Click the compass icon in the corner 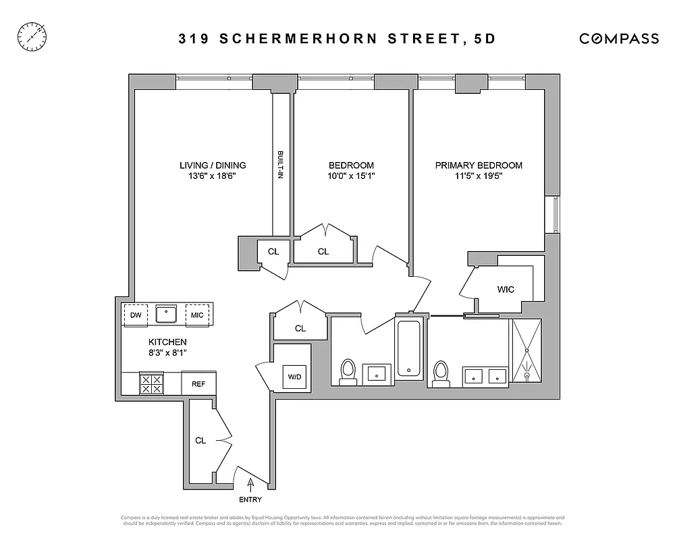pos(32,35)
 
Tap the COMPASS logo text pos(619,38)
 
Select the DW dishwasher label pos(136,315)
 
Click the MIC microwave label pos(197,315)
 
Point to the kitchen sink pos(166,315)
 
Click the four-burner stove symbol pos(151,384)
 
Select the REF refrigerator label pos(198,384)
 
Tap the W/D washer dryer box pos(295,377)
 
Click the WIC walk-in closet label pos(506,290)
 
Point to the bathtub pos(410,349)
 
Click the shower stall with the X pos(526,350)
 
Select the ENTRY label pos(250,500)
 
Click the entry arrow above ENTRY pos(250,483)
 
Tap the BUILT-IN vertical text pos(280,163)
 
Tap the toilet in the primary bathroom pos(441,373)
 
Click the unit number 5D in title pos(483,38)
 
